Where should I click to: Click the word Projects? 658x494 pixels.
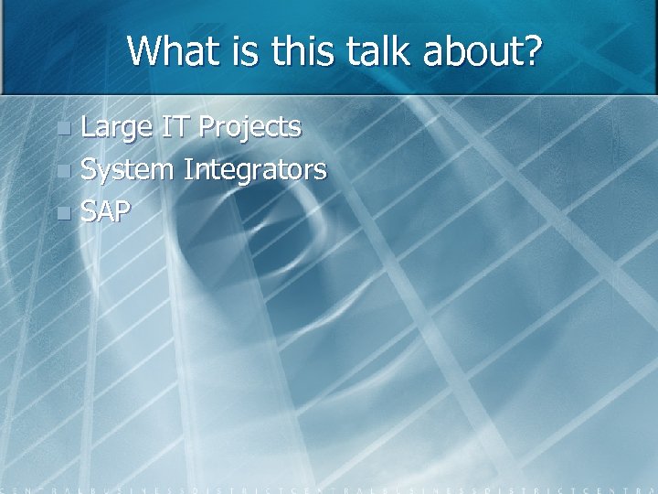249,128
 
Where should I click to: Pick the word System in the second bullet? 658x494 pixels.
127,170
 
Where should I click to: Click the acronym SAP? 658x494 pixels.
106,212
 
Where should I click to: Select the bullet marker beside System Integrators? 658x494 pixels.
62,171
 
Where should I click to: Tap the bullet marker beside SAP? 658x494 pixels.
62,213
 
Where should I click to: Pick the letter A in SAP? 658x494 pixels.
106,212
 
